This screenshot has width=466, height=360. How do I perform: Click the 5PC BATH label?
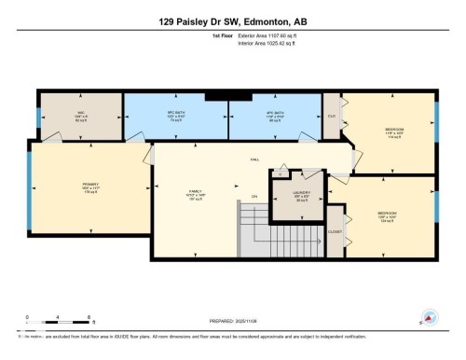click(170, 116)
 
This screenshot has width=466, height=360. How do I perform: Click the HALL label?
click(254, 159)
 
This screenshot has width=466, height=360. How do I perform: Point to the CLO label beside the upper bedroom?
click(332, 116)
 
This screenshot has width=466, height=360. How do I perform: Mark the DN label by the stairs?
click(254, 197)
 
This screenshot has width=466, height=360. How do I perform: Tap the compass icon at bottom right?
click(430, 318)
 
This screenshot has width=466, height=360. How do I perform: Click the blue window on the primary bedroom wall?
click(30, 190)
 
